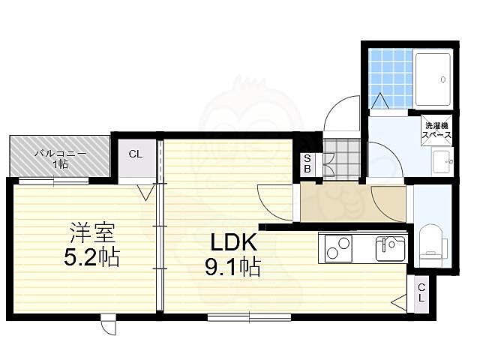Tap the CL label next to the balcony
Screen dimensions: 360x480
pos(136,154)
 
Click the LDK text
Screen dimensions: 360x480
pos(233,242)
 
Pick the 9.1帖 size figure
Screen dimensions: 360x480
pos(232,266)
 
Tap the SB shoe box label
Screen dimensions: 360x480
pos(307,164)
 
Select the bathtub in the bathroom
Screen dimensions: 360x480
pos(433,79)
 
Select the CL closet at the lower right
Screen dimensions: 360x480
pos(422,292)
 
